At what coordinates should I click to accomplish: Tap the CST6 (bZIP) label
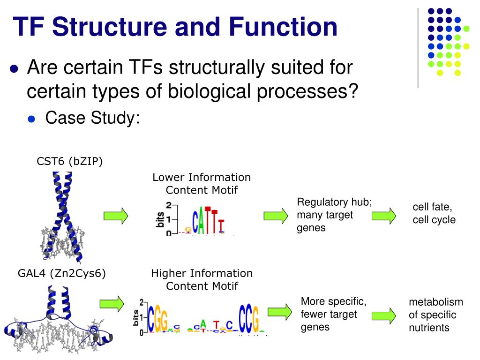70,161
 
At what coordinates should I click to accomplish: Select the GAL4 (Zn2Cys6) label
62,273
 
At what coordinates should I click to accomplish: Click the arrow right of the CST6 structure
116,216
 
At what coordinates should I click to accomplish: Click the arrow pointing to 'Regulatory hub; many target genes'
276,216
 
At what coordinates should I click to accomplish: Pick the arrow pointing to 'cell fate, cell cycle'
384,216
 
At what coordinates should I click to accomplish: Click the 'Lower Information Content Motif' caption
202,184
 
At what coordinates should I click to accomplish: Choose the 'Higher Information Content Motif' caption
202,279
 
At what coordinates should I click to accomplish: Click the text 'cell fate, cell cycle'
434,213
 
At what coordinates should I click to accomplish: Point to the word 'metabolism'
436,302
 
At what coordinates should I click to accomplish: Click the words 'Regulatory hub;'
334,202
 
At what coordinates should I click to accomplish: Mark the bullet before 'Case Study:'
32,119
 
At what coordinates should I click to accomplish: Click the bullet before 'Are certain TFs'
14,69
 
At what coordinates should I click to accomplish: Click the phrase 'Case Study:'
92,118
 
